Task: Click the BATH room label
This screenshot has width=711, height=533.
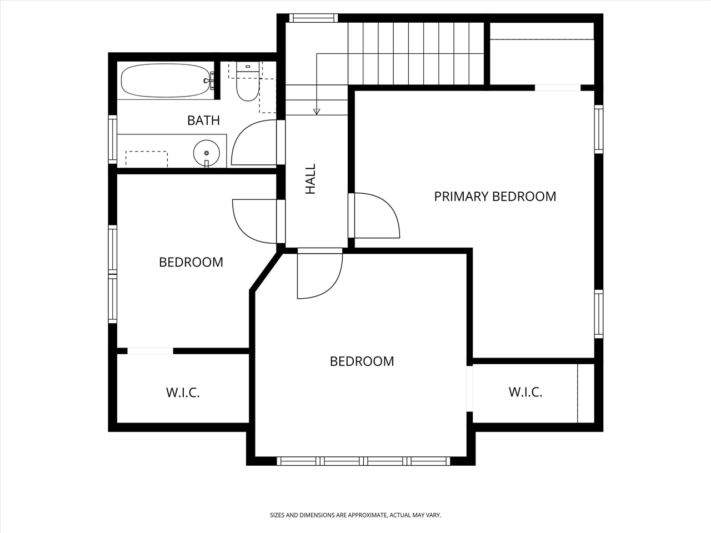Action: [x=203, y=120]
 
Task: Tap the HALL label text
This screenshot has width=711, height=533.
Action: [x=311, y=179]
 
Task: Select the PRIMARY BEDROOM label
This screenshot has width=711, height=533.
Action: [x=495, y=197]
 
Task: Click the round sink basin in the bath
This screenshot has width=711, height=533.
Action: [x=207, y=152]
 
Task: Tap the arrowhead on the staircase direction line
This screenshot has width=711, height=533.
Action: [x=317, y=112]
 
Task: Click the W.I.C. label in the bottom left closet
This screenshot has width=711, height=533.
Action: [x=183, y=393]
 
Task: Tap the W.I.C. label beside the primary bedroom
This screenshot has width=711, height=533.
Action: [x=525, y=393]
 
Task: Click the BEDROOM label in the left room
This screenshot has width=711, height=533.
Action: [x=191, y=262]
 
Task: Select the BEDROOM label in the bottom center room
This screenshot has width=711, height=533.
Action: [x=362, y=361]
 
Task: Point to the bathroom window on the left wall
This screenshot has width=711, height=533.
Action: [x=113, y=139]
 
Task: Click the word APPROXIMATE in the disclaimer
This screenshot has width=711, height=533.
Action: [x=367, y=515]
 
